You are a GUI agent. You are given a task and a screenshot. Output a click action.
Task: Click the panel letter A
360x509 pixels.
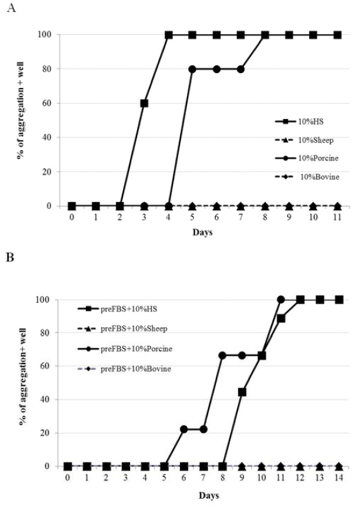pyautogui.click(x=12, y=9)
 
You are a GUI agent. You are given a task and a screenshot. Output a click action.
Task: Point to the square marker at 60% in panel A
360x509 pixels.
pyautogui.click(x=144, y=103)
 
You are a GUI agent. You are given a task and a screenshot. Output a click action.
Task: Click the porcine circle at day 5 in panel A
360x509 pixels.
pyautogui.click(x=192, y=69)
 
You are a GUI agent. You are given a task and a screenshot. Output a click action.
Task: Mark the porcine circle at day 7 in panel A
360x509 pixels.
pyautogui.click(x=240, y=69)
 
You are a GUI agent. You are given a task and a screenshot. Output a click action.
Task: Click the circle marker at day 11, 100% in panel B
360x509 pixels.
pyautogui.click(x=281, y=300)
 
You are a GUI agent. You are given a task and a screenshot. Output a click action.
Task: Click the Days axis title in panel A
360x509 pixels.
pyautogui.click(x=202, y=233)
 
